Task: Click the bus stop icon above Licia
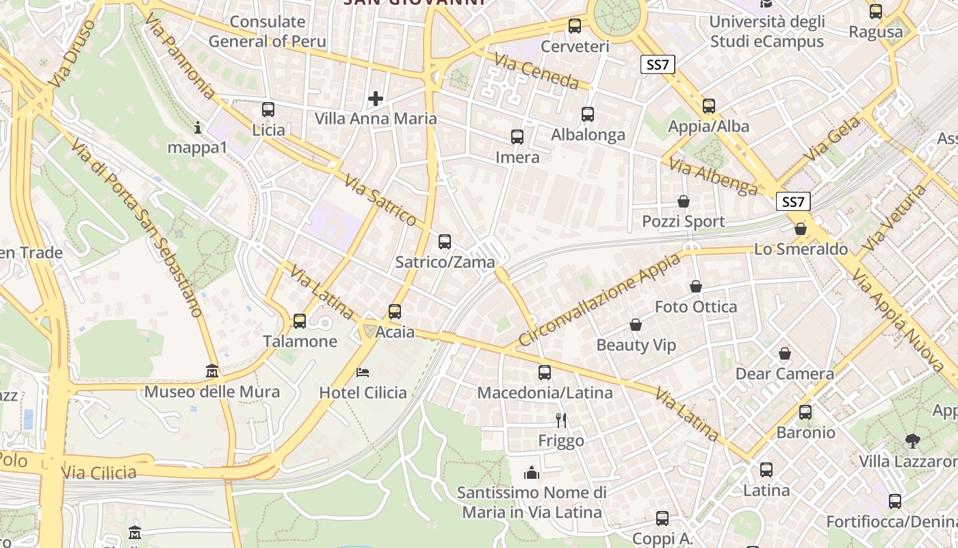[x=268, y=110]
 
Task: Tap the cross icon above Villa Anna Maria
[x=376, y=99]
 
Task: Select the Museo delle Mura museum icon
[x=212, y=371]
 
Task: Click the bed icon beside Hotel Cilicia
[x=363, y=373]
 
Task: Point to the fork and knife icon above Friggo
[x=561, y=420]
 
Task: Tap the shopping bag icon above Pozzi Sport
[x=683, y=201]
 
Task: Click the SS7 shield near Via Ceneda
[x=658, y=65]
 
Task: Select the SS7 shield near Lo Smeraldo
[x=794, y=202]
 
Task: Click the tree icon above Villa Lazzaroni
[x=912, y=440]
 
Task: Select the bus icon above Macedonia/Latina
[x=545, y=373]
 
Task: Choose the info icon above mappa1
[x=198, y=127]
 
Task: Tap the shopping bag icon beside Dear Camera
[x=785, y=354]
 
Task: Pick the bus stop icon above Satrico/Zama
[x=445, y=242]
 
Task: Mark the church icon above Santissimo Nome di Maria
[x=531, y=473]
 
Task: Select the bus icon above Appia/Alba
[x=709, y=106]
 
